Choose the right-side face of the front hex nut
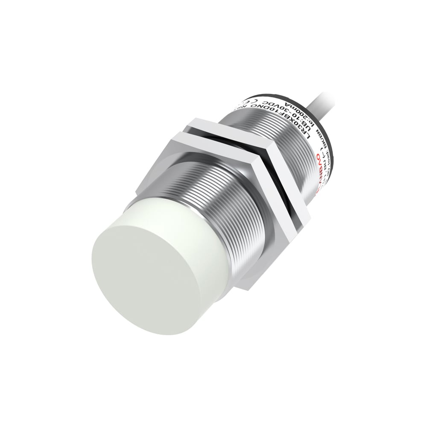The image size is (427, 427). pos(278,239)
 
